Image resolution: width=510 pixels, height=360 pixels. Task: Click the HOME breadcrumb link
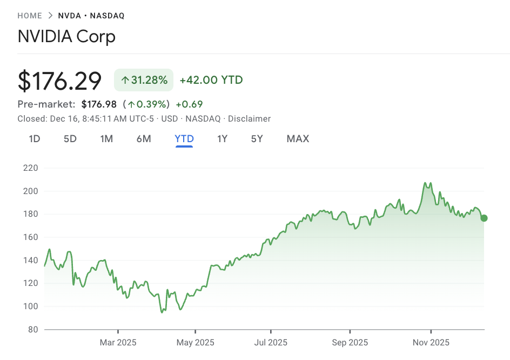click(30, 16)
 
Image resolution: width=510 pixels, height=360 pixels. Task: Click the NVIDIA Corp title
click(66, 37)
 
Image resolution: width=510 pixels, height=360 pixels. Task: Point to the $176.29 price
click(59, 81)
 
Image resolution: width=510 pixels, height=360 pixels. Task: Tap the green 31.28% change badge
click(144, 80)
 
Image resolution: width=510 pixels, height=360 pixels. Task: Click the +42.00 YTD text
click(211, 80)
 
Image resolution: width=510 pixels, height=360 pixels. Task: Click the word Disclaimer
click(250, 118)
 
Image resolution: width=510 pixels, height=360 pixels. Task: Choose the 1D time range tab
click(35, 139)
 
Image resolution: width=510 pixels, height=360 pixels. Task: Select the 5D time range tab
click(70, 139)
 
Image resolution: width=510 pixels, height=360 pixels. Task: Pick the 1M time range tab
click(106, 139)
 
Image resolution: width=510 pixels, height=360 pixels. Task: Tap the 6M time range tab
click(144, 139)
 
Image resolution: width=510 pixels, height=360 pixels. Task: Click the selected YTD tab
click(184, 139)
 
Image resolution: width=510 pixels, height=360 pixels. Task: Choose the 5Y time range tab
click(257, 139)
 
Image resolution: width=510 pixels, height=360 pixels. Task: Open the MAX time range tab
click(298, 139)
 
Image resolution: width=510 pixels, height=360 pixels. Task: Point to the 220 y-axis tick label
click(30, 168)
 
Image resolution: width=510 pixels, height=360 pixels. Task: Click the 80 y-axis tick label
click(32, 329)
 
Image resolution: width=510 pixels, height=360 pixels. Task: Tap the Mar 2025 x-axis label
click(118, 343)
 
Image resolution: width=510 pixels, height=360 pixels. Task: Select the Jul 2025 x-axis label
click(271, 343)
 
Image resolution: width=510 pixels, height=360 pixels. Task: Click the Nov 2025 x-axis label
click(431, 343)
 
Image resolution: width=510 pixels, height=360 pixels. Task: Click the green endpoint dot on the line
click(484, 218)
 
